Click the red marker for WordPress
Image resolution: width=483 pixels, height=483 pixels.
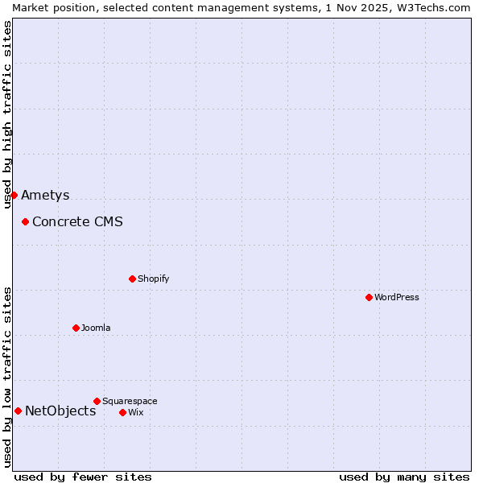click(x=369, y=297)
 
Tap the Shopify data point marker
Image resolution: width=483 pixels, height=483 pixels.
click(x=132, y=279)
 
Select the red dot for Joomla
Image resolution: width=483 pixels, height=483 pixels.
click(x=76, y=328)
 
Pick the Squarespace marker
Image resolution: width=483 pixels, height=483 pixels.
click(x=97, y=401)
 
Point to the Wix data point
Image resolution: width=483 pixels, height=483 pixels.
click(x=122, y=412)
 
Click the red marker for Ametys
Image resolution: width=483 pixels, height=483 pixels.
click(x=14, y=195)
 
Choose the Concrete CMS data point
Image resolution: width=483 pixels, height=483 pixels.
click(x=25, y=221)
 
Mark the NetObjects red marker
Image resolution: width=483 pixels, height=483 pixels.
click(x=18, y=411)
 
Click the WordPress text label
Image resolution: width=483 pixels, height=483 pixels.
click(x=397, y=297)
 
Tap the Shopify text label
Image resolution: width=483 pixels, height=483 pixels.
click(x=154, y=279)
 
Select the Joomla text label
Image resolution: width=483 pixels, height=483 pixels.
click(x=96, y=328)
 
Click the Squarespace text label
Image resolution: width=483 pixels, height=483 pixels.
click(x=130, y=401)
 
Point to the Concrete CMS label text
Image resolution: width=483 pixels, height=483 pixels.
click(x=77, y=221)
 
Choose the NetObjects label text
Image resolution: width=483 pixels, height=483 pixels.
click(x=60, y=411)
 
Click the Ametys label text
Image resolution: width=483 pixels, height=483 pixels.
click(x=45, y=195)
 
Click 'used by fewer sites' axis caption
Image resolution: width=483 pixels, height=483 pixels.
click(x=83, y=477)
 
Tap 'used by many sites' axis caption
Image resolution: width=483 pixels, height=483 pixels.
click(x=404, y=477)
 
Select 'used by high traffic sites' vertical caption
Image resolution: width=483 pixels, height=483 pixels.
click(x=7, y=114)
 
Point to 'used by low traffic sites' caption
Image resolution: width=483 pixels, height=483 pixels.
click(x=7, y=377)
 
